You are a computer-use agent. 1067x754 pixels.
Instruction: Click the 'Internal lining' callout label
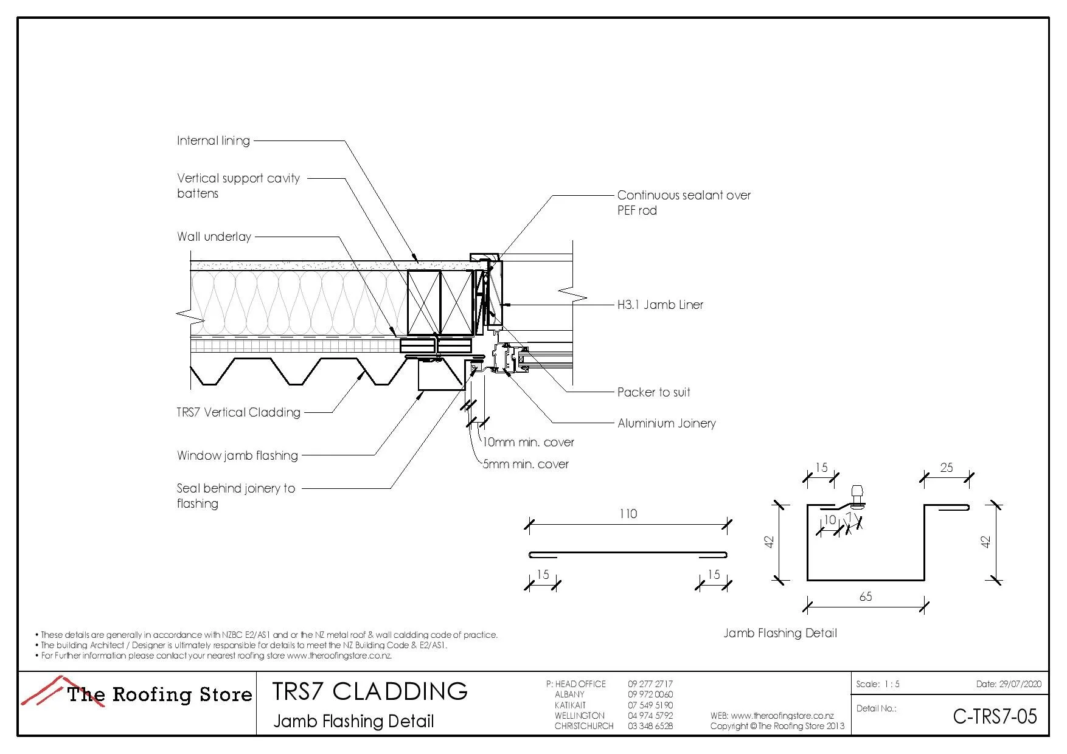tap(213, 140)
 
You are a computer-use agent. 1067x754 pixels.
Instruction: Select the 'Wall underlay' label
tap(214, 237)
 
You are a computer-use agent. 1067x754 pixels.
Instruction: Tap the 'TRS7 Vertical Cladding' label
tap(238, 412)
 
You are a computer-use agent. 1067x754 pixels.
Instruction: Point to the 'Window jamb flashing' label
tap(237, 455)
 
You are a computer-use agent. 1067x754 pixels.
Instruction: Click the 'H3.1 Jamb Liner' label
tap(660, 305)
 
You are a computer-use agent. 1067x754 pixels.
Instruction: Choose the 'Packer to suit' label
tap(653, 392)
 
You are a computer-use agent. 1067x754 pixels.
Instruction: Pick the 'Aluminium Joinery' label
tap(666, 423)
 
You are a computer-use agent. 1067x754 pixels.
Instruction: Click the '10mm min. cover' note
tap(528, 442)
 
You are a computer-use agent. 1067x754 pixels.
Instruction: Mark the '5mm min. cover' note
tap(526, 464)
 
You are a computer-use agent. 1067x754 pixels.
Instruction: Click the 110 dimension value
tap(628, 514)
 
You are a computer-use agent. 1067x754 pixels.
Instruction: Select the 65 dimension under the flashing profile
tap(865, 597)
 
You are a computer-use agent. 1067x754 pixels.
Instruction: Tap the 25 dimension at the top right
tap(946, 468)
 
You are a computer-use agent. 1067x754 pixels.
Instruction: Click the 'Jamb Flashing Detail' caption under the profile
tap(780, 633)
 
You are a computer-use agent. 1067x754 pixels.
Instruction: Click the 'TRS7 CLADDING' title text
tap(370, 691)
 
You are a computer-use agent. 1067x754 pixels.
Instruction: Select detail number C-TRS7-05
tap(995, 716)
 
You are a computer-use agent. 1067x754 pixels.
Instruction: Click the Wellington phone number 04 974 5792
tap(650, 716)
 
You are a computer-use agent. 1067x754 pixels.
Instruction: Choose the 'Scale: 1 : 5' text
tap(877, 684)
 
